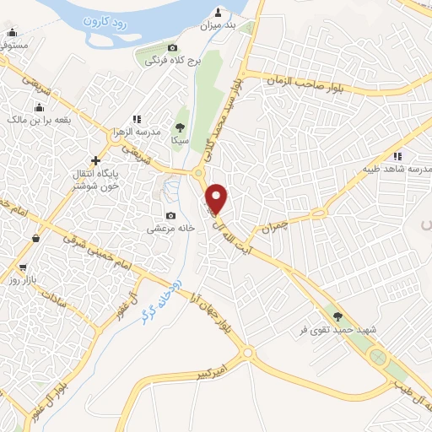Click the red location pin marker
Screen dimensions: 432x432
coord(218,197)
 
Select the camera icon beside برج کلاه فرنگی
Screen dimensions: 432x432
coord(173,48)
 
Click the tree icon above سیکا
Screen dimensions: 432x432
coord(178,126)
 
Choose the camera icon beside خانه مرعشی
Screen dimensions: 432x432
coord(171,215)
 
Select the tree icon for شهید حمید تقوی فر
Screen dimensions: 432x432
coord(338,316)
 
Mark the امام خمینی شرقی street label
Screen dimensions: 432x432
coord(89,254)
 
